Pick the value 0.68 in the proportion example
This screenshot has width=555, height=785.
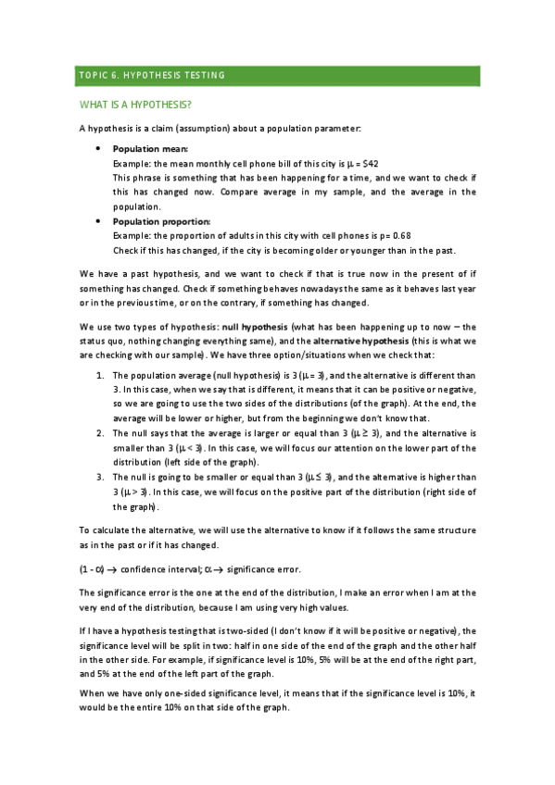389,236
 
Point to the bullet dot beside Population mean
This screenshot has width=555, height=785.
99,149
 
